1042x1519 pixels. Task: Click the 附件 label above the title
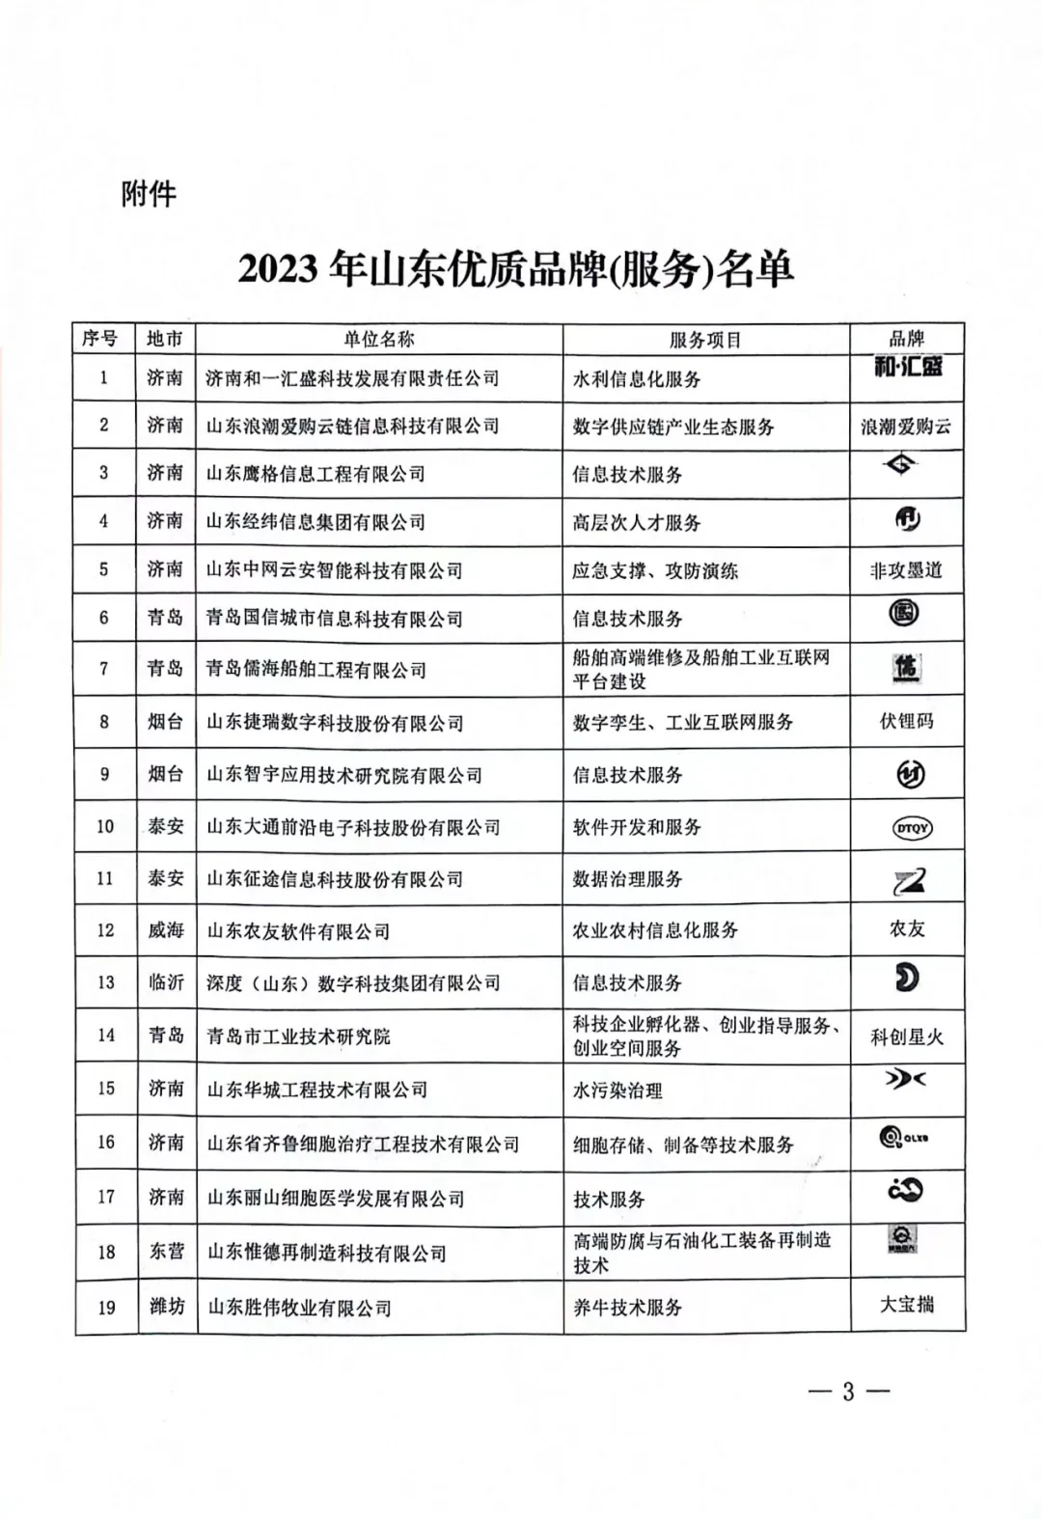149,194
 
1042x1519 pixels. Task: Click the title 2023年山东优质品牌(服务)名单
516,269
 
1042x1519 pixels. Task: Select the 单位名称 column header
378,339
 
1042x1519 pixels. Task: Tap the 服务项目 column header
705,340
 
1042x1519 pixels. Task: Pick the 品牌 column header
907,338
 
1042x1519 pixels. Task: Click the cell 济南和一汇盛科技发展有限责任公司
352,378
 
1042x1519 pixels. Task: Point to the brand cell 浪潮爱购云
906,426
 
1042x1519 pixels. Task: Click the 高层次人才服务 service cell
637,522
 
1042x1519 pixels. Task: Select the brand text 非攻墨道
906,570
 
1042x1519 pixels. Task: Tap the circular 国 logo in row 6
904,614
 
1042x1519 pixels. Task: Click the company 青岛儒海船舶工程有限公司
315,669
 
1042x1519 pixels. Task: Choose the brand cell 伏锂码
906,721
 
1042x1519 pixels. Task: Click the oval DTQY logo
912,828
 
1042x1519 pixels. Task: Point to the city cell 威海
166,930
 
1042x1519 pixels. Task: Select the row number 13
105,982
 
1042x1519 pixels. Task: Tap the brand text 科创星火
907,1036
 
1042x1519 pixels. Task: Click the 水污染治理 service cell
617,1091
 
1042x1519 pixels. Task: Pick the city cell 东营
166,1252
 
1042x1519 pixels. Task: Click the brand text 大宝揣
907,1305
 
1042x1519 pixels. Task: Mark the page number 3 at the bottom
848,1392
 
